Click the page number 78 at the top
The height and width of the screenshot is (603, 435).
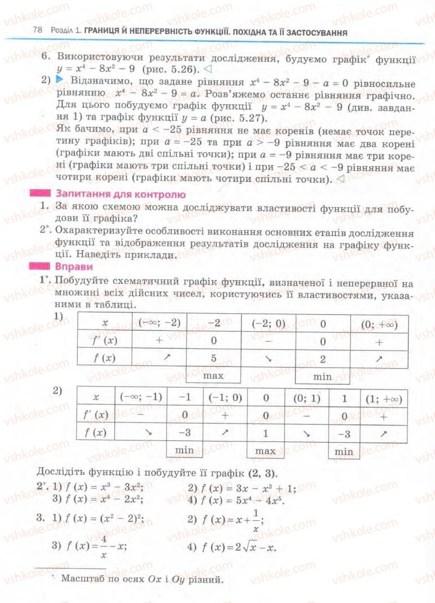(x=38, y=32)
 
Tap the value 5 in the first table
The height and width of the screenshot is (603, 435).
(x=214, y=358)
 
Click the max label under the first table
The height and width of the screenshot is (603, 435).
(x=214, y=376)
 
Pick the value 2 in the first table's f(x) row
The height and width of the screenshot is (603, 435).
(x=322, y=358)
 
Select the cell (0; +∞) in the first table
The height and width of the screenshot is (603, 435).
(x=380, y=325)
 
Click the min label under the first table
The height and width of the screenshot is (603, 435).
(x=322, y=376)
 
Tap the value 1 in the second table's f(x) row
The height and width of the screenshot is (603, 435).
(x=266, y=433)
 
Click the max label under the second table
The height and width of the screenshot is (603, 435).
(x=266, y=451)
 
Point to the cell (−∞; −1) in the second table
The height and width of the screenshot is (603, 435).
(x=141, y=397)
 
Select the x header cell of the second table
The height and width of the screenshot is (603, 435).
(x=96, y=397)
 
